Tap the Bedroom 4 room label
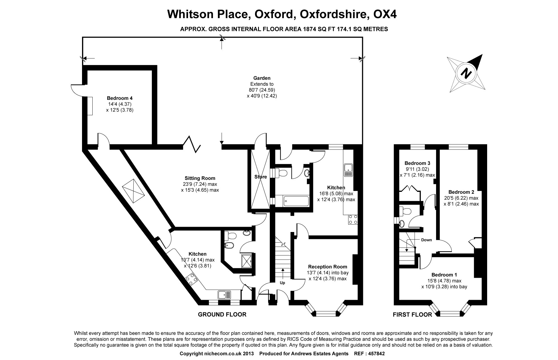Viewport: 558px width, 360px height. click(120, 98)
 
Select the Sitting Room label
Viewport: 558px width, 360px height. click(200, 178)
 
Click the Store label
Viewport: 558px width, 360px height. click(261, 177)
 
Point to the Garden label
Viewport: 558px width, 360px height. click(262, 78)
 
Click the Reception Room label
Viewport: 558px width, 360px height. click(328, 267)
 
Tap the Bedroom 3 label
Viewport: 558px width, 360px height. click(417, 163)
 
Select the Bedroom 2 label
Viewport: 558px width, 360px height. click(461, 192)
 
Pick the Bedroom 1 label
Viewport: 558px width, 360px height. click(444, 275)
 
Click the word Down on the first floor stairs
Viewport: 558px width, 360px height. click(426, 240)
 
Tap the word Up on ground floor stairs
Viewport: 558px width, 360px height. click(282, 283)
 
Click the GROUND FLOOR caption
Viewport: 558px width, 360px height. click(222, 315)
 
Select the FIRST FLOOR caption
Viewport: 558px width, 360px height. click(412, 315)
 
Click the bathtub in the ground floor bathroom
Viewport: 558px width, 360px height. click(296, 201)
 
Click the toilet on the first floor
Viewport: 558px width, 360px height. click(404, 212)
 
